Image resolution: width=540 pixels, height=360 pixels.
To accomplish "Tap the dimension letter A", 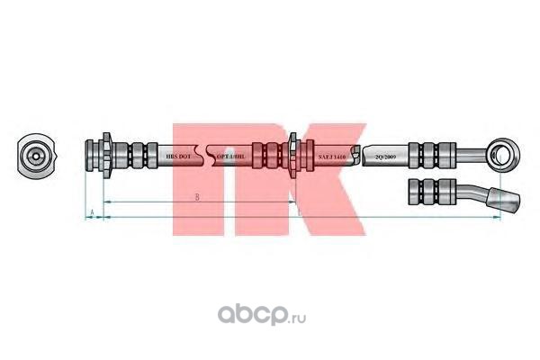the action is pyautogui.click(x=93, y=212).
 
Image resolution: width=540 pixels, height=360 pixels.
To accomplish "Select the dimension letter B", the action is pyautogui.click(x=196, y=195).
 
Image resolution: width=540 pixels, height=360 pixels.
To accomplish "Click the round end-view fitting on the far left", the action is pyautogui.click(x=35, y=155).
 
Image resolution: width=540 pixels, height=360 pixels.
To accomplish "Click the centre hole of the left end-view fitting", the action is pyautogui.click(x=35, y=155).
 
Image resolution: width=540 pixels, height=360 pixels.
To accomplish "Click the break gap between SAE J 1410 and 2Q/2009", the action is pyautogui.click(x=359, y=155).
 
